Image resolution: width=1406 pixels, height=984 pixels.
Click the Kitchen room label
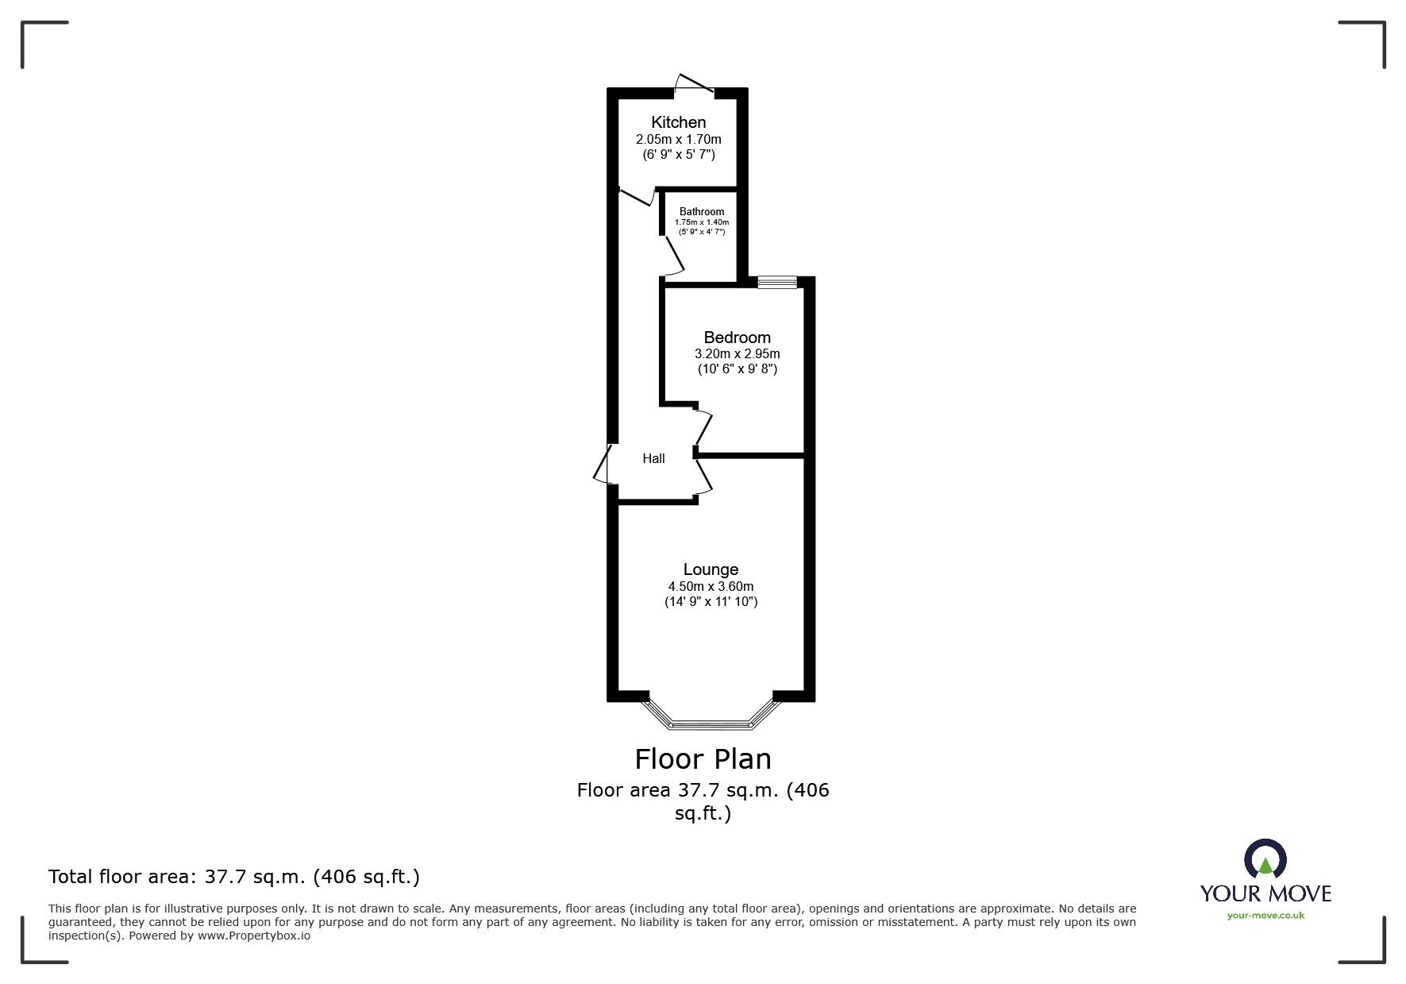(x=678, y=122)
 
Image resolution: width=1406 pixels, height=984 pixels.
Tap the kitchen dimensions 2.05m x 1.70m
(x=678, y=139)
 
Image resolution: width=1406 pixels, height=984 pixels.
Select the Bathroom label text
(x=702, y=211)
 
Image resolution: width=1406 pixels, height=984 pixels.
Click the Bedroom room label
(x=737, y=338)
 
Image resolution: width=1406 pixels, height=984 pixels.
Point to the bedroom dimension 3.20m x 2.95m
(x=737, y=354)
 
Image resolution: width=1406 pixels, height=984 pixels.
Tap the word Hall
(x=653, y=458)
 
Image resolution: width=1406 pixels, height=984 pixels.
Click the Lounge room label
(x=711, y=569)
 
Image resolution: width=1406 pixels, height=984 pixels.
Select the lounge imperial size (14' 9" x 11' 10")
(x=711, y=602)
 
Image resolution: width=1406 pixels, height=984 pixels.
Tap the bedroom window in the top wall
(x=776, y=282)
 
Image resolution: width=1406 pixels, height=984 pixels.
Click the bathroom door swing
(x=673, y=256)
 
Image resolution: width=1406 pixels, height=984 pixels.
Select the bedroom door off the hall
(x=702, y=427)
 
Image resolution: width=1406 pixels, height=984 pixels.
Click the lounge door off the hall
(x=703, y=479)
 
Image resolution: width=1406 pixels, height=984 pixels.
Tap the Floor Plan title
(x=703, y=759)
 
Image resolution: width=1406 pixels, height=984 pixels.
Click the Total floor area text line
(x=234, y=877)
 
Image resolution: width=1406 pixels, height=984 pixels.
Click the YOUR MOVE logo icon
(x=1265, y=859)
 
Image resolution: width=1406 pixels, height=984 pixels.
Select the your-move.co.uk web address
(x=1265, y=916)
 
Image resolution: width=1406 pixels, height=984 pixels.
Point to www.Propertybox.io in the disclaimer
(x=254, y=936)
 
